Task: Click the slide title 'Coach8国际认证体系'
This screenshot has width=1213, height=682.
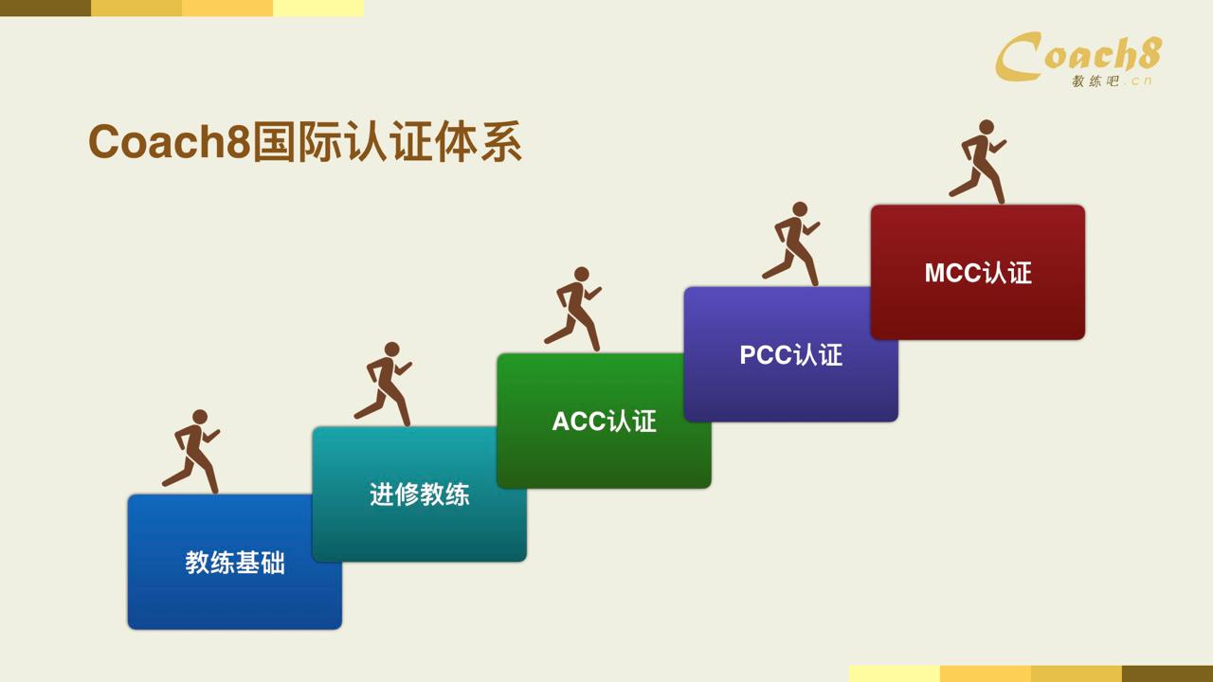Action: tap(305, 142)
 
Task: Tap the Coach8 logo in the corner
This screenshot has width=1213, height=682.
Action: tap(1077, 59)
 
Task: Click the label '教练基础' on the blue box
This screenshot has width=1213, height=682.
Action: tap(235, 563)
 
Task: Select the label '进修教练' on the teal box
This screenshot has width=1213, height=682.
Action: tap(420, 494)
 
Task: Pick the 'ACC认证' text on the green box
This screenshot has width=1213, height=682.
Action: tap(605, 422)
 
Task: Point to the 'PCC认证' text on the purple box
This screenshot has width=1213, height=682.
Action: tap(791, 355)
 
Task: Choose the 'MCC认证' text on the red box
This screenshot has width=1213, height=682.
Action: tap(978, 273)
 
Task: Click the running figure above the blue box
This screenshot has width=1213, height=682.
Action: tap(191, 452)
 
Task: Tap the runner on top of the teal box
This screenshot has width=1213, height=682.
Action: tap(384, 384)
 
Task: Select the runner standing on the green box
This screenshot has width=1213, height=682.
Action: tap(573, 309)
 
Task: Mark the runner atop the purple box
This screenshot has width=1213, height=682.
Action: tap(791, 244)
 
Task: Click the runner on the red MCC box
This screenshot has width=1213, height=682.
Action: tap(978, 162)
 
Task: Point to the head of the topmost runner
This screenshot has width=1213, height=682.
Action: tap(987, 127)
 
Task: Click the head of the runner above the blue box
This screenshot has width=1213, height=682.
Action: tap(200, 417)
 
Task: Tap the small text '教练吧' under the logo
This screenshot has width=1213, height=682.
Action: tap(1095, 81)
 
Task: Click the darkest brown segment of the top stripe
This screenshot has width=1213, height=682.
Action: tap(45, 9)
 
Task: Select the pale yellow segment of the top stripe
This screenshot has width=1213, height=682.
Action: tap(318, 9)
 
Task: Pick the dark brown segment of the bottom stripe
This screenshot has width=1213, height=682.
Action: tap(1168, 673)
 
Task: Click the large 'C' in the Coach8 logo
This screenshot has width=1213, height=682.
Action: tap(1018, 57)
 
